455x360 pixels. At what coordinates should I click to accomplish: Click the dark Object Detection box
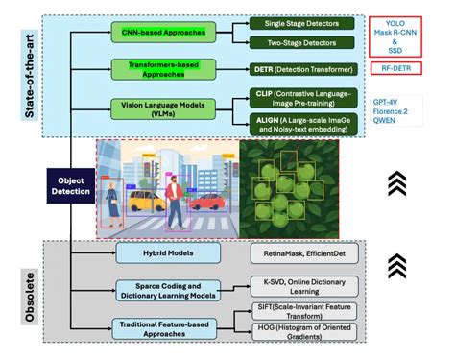pyautogui.click(x=72, y=186)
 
